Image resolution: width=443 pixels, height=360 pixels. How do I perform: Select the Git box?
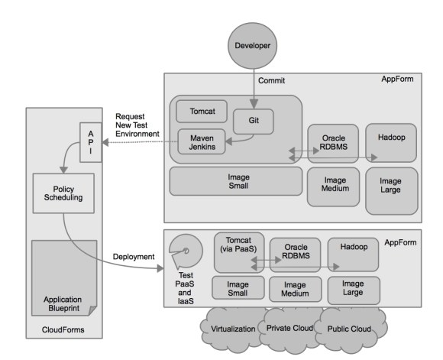[x=252, y=120]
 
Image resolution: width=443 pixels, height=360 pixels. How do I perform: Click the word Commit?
[x=271, y=79]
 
